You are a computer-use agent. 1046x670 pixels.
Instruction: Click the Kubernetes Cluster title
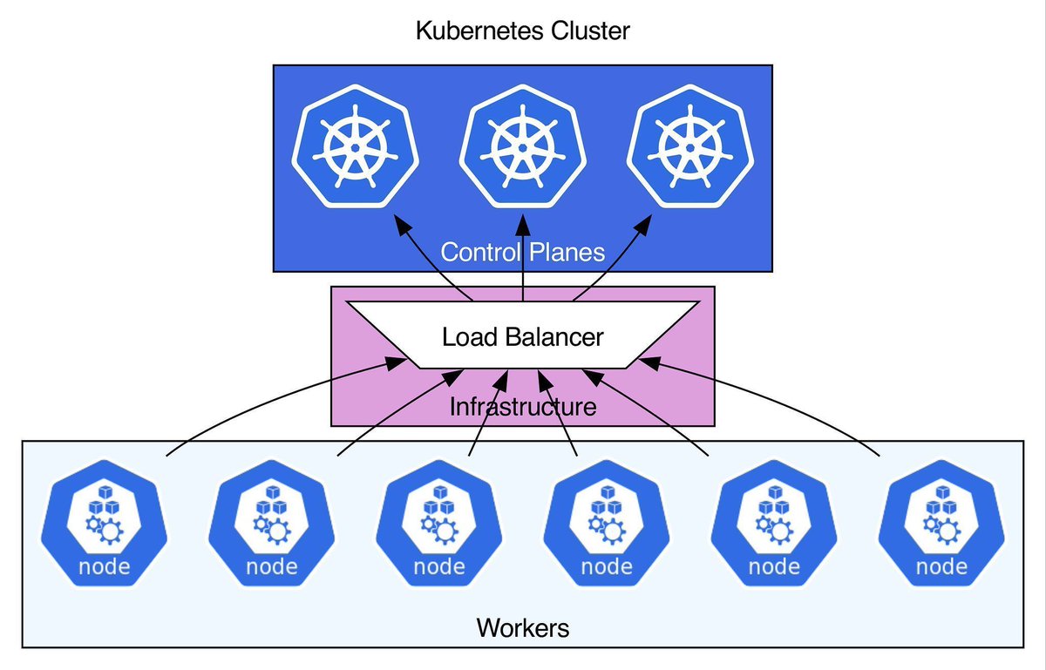[x=522, y=31]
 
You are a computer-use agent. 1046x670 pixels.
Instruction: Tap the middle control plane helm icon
[x=522, y=146]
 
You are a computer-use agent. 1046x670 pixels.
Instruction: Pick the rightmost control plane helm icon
[x=689, y=146]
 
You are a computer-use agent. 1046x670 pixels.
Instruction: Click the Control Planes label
[x=522, y=253]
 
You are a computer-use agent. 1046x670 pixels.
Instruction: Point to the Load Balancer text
[x=522, y=336]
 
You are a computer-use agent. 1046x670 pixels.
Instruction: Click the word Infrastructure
[x=522, y=406]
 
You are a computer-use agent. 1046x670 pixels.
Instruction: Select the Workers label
[x=522, y=627]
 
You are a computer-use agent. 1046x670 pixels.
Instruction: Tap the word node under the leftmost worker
[x=104, y=567]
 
